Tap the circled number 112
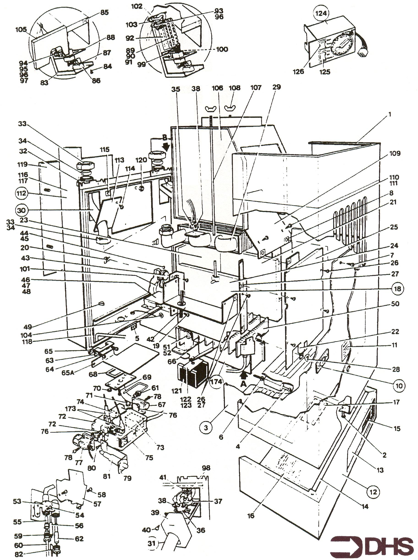point(22,194)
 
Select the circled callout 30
point(22,210)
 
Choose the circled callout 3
point(206,428)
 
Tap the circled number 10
point(399,385)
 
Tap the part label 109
point(395,153)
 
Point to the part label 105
point(21,30)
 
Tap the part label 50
point(395,304)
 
